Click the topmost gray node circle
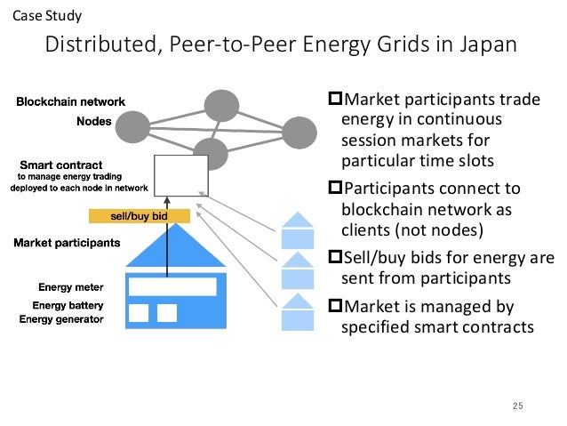tap(220, 106)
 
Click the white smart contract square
tap(180, 175)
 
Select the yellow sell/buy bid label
tap(140, 216)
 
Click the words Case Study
tap(41, 15)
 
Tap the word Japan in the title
tap(483, 45)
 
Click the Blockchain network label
tap(71, 101)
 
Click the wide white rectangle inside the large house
tap(172, 286)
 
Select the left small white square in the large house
tap(138, 313)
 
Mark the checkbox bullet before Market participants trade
tap(335, 99)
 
